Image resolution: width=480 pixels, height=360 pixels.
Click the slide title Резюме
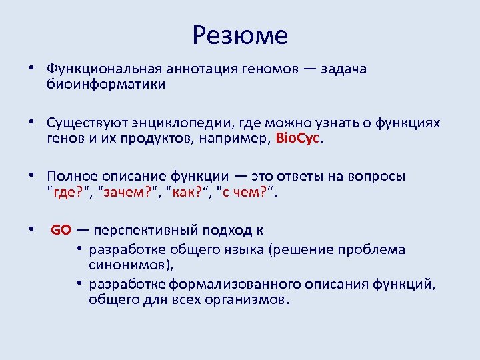click(x=239, y=35)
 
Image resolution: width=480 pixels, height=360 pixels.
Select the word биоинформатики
click(x=106, y=85)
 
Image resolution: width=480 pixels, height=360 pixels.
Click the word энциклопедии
click(x=175, y=123)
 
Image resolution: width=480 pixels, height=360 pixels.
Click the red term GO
click(x=61, y=230)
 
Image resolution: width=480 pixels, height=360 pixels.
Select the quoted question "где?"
click(x=69, y=192)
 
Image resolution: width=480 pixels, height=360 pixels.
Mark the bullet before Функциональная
click(x=31, y=69)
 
